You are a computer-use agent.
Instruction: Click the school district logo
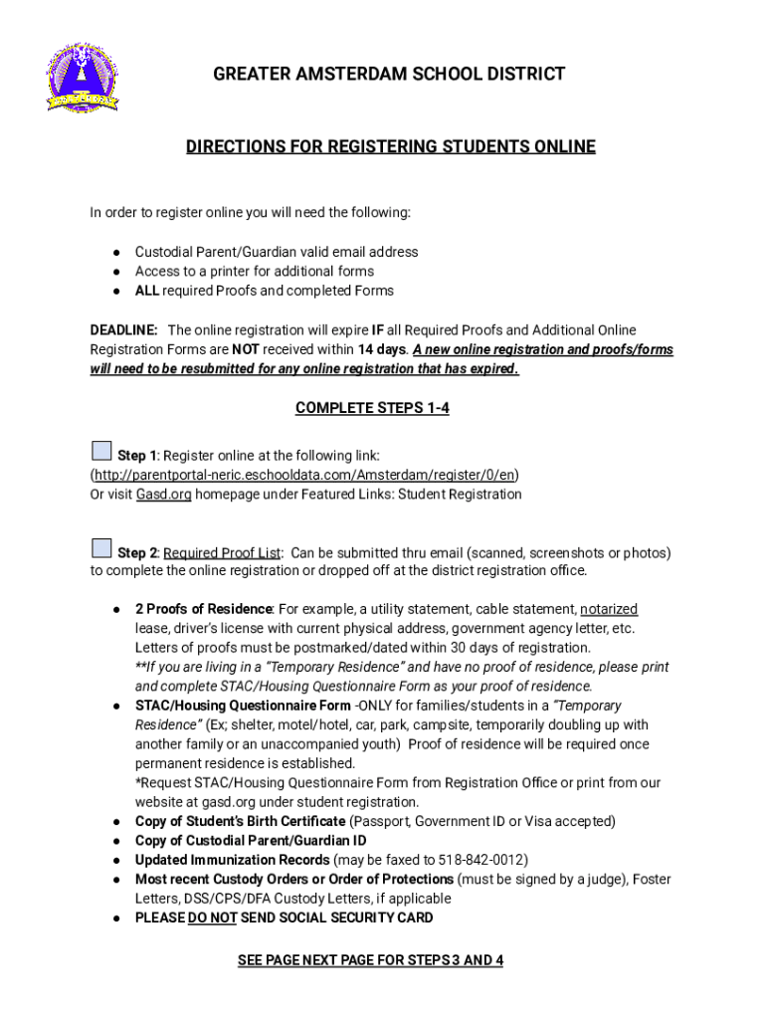[x=82, y=78]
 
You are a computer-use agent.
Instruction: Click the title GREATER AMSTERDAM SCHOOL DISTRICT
[x=389, y=74]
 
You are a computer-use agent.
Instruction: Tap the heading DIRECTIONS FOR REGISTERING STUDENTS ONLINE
[x=390, y=147]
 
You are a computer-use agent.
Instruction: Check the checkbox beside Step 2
[x=101, y=548]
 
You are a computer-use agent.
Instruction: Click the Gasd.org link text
[x=163, y=495]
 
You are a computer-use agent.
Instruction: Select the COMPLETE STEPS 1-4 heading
[x=372, y=409]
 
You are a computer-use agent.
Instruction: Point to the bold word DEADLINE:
[x=123, y=330]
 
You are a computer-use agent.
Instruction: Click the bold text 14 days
[x=383, y=350]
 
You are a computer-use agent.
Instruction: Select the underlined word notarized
[x=609, y=609]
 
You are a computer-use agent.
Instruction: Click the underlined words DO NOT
[x=212, y=918]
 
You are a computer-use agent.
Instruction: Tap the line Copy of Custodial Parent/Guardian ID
[x=251, y=841]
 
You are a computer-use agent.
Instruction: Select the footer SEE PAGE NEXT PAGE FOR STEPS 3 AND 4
[x=370, y=960]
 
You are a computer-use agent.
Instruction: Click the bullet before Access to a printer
[x=116, y=272]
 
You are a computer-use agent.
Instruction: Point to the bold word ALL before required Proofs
[x=147, y=292]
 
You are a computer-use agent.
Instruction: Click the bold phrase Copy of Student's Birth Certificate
[x=240, y=822]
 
